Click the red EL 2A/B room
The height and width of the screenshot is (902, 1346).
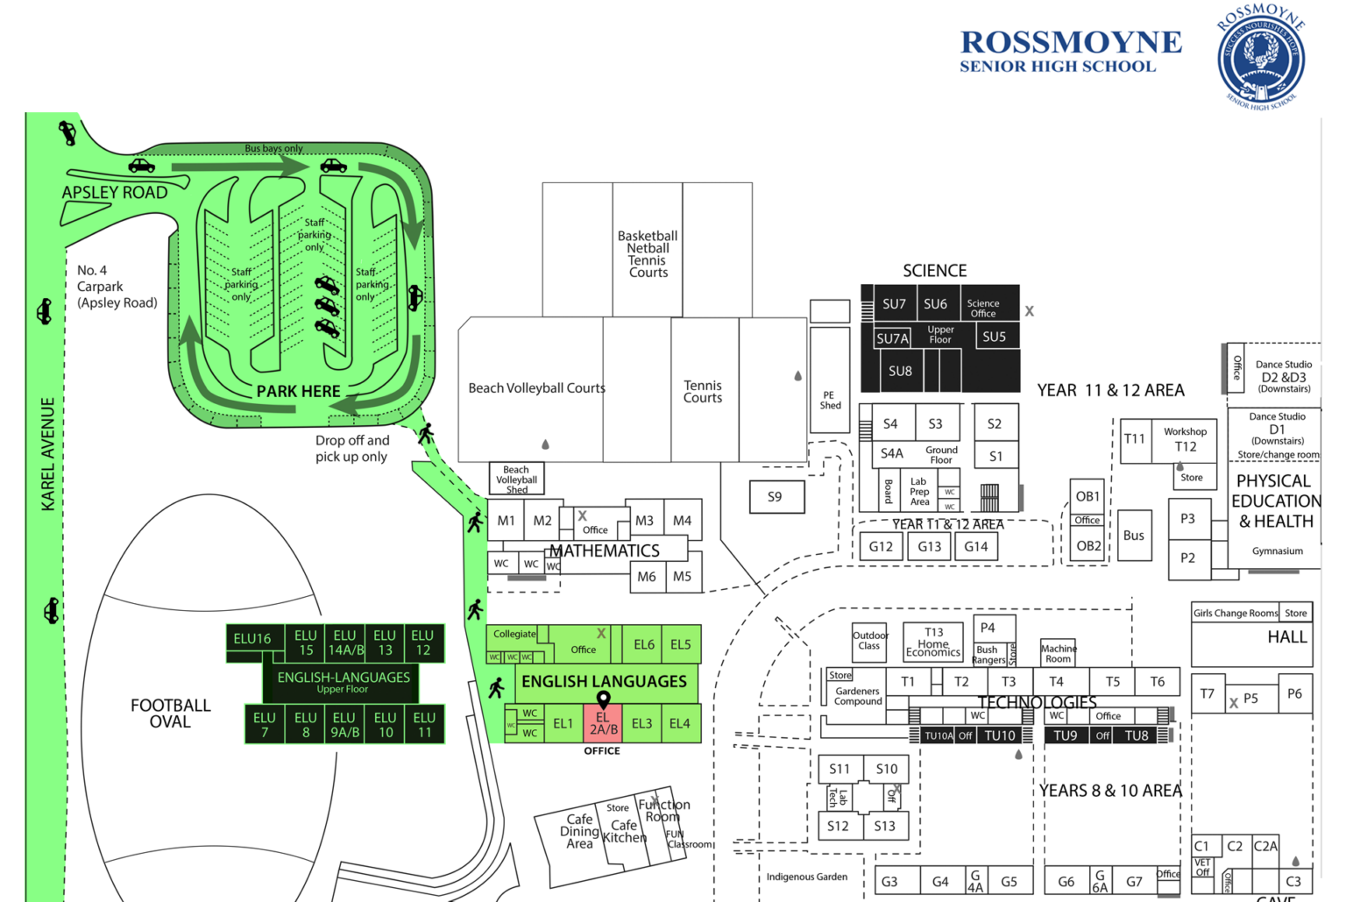[603, 724]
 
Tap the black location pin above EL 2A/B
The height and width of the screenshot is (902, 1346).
[603, 699]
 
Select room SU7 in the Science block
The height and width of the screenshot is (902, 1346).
[894, 304]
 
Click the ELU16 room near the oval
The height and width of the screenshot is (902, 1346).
[252, 639]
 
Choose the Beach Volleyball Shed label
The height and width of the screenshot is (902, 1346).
[516, 479]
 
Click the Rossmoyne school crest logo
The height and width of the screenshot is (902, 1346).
[1261, 56]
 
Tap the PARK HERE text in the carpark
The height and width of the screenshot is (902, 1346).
[298, 392]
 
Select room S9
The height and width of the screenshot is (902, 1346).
[775, 497]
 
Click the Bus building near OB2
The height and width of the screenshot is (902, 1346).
[1134, 536]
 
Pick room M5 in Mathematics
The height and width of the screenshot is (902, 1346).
[682, 577]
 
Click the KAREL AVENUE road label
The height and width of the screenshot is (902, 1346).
[48, 454]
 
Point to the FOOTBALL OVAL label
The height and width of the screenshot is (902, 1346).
[170, 714]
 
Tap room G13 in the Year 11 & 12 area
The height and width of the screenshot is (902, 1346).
[929, 547]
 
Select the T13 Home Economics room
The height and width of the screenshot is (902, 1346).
[933, 643]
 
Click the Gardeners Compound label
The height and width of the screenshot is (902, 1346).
[857, 696]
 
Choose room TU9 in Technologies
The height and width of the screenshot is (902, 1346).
[1065, 735]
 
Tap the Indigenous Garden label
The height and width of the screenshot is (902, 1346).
[806, 877]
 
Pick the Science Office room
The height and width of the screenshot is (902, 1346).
[983, 309]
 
